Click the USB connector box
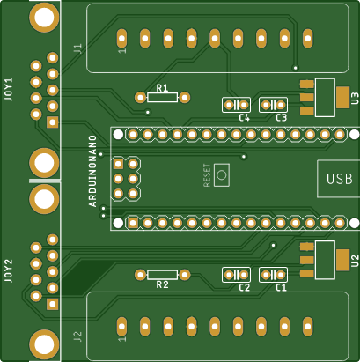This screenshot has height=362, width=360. coord(338,179)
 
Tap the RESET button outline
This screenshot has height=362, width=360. coord(221,175)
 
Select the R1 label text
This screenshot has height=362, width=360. coord(161,87)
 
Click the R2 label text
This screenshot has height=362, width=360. coord(161,284)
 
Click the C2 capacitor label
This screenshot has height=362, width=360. coord(244,288)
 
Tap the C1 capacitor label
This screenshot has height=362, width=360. coord(281,288)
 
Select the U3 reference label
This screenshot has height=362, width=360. coord(354,98)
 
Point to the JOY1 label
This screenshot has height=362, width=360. coord(9,91)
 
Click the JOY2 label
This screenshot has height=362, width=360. coord(9,269)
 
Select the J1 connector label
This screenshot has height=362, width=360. coord(77,50)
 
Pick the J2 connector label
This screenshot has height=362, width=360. coord(77,336)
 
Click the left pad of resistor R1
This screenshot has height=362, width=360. coord(140,97)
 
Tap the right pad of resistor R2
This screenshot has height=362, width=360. coord(186,275)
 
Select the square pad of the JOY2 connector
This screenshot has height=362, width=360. coord(52,305)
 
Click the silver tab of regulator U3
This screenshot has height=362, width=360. coord(324,98)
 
